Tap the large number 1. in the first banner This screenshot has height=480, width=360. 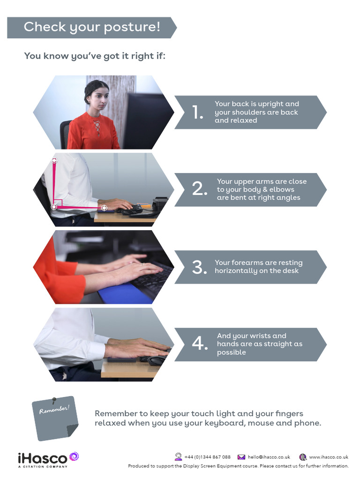(197, 112)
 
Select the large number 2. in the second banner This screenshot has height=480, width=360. (199, 189)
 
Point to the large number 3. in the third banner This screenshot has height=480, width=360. (199, 267)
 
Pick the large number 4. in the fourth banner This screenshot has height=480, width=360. (199, 344)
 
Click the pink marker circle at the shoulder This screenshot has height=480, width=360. (54, 161)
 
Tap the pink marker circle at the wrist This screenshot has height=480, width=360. (104, 208)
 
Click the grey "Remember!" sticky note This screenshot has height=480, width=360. (55, 417)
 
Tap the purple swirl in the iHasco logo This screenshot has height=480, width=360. (74, 456)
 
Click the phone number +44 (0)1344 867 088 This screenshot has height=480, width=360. (207, 457)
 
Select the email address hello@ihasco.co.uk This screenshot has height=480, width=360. (269, 457)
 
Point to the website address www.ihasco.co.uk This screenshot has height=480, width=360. (329, 457)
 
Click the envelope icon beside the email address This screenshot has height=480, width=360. (241, 457)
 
